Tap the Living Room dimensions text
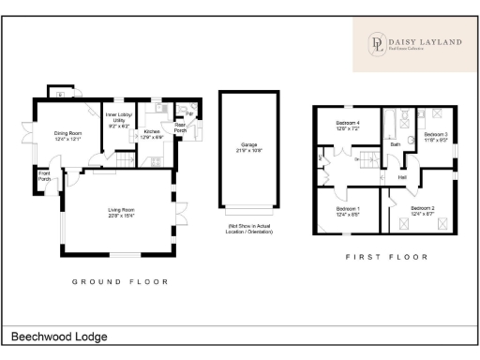tap(120, 217)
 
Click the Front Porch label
tap(44, 175)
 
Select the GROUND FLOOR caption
tap(120, 281)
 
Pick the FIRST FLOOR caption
tap(386, 257)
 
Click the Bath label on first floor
tap(396, 145)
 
